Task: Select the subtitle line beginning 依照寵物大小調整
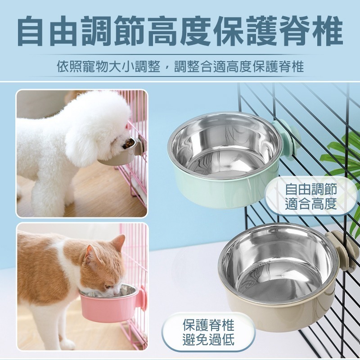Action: click(180, 67)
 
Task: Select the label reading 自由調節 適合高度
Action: click(311, 196)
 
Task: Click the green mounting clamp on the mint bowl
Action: click(287, 138)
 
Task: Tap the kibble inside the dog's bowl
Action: click(127, 144)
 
